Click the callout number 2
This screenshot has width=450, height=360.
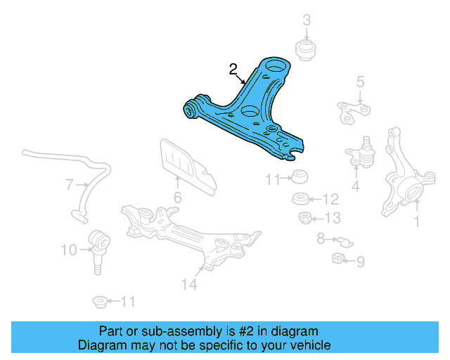233,69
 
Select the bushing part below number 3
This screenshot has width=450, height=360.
307,50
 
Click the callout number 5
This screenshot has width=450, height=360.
360,82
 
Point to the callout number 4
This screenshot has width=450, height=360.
356,186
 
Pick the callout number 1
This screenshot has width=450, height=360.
416,224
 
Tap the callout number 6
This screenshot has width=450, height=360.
177,198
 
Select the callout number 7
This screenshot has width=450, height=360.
70,186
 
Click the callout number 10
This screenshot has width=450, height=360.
68,249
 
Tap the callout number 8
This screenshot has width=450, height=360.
321,239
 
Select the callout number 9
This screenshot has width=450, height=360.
360,262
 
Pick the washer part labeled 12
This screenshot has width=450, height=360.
300,198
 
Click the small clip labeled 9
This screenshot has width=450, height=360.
339,258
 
